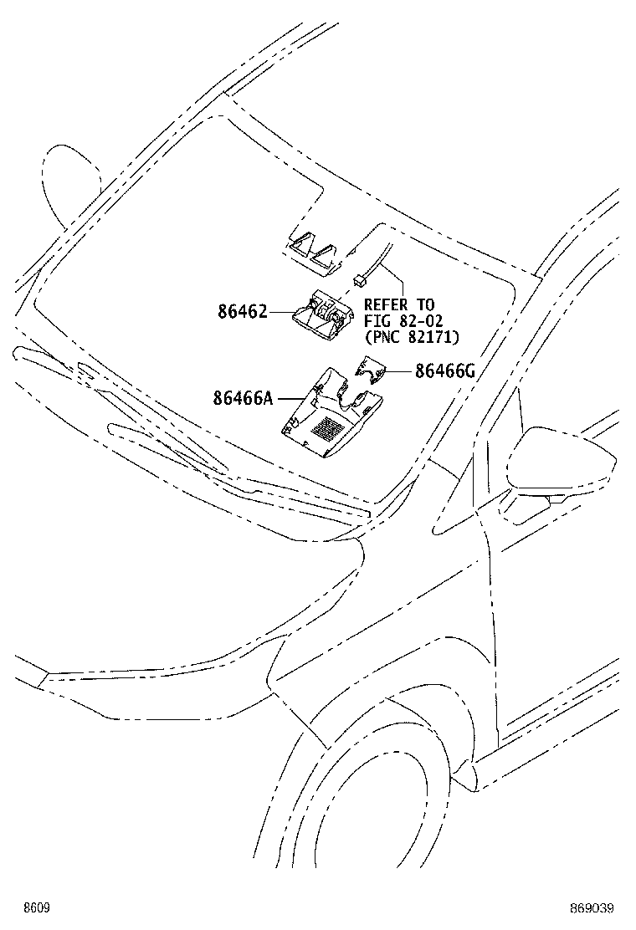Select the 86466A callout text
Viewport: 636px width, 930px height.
(x=244, y=398)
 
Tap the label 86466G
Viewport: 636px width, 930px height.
(x=445, y=371)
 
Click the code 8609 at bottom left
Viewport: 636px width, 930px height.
(x=36, y=908)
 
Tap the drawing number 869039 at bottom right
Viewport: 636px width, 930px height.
(x=592, y=908)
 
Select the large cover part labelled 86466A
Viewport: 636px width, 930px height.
(x=331, y=413)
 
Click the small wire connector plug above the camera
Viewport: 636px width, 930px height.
(x=358, y=278)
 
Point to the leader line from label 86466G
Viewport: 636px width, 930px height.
(x=401, y=371)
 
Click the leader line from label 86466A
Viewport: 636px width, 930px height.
(x=292, y=398)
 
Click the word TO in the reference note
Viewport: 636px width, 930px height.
(x=425, y=305)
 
